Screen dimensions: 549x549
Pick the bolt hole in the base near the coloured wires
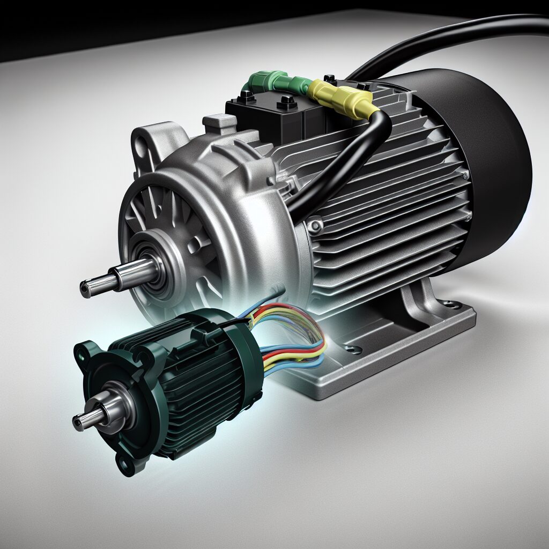[351, 350]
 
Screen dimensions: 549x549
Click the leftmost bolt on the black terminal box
[246, 96]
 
